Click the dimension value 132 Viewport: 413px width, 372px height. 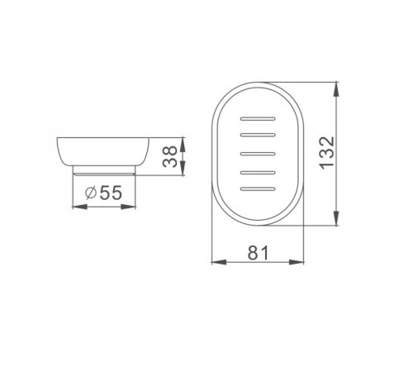[x=327, y=153]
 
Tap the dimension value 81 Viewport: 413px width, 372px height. [x=258, y=253]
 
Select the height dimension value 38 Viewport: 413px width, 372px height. [x=169, y=156]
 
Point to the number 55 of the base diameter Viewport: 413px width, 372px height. [x=111, y=193]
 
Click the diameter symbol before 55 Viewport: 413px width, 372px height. [x=91, y=193]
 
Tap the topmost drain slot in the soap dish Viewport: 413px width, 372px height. [x=258, y=119]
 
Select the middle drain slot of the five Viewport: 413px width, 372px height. [x=258, y=154]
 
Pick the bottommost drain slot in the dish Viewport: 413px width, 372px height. [x=258, y=189]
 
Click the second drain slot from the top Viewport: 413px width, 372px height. [x=258, y=135]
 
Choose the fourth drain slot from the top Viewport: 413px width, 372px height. [x=258, y=173]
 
